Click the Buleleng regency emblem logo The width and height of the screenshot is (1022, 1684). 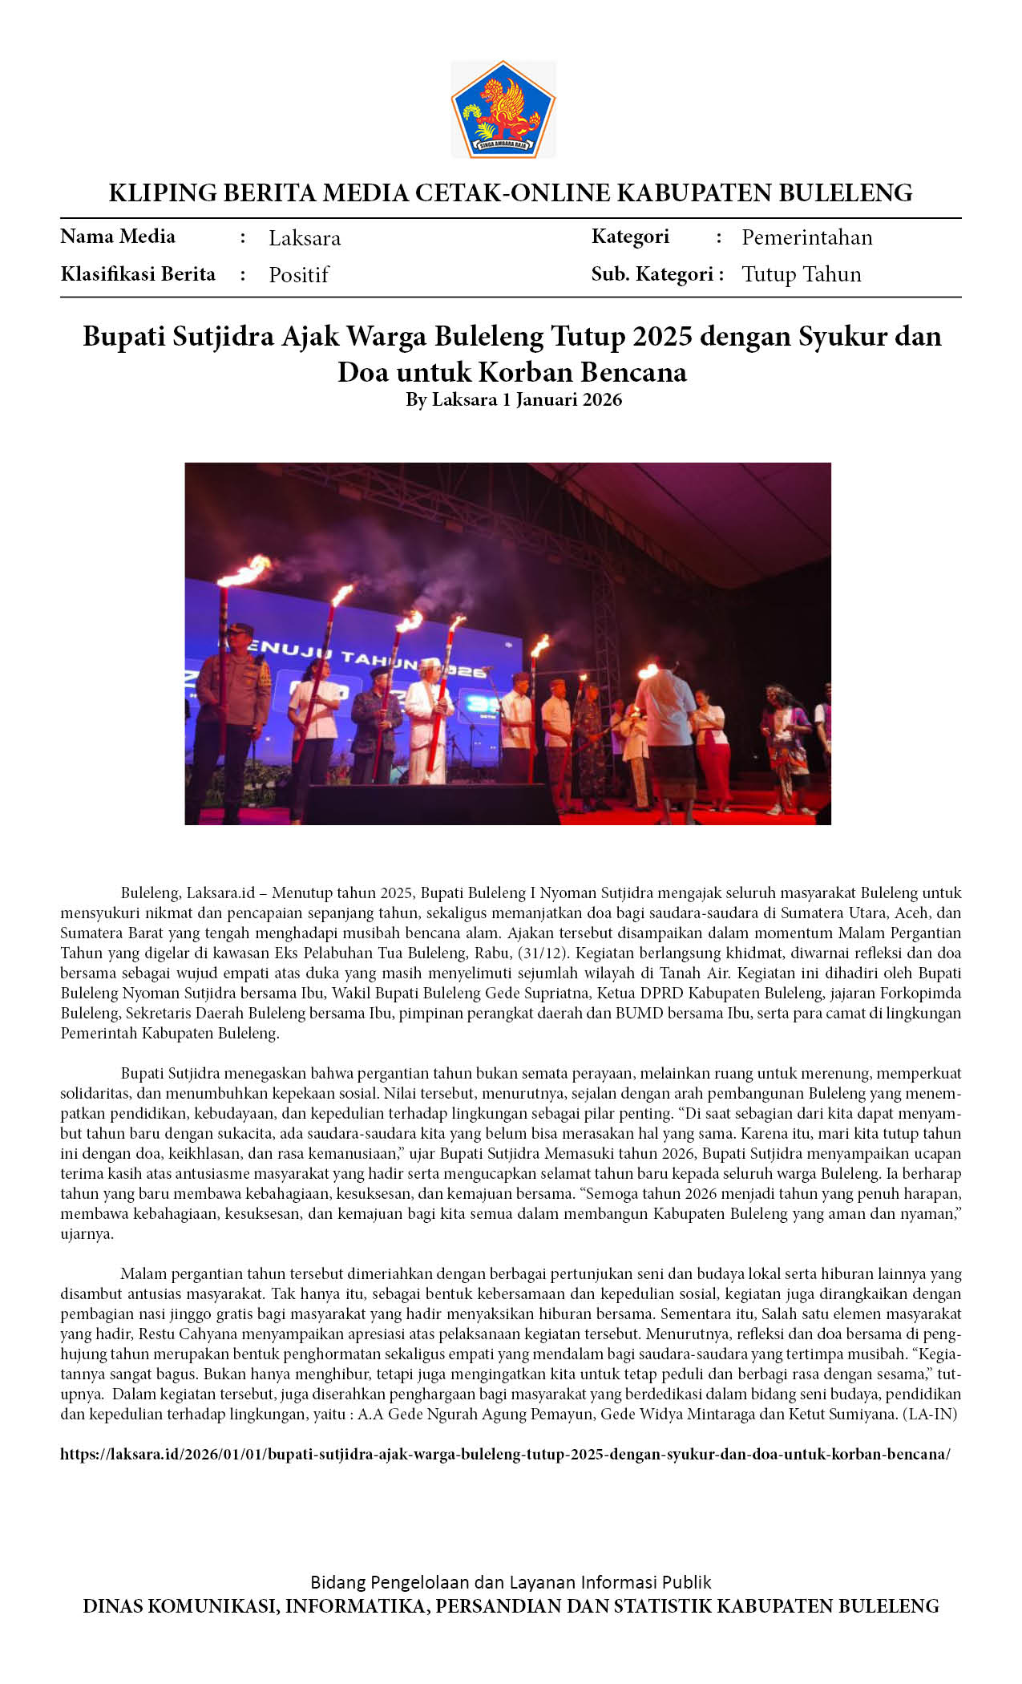[x=503, y=109]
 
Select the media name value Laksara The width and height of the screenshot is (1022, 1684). [x=305, y=238]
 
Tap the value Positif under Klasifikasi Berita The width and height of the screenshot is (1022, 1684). [x=298, y=275]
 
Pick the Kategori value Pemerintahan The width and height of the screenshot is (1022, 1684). [x=806, y=237]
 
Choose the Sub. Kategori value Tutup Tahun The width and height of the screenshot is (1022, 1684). [x=801, y=274]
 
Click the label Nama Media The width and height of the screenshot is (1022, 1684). [x=118, y=237]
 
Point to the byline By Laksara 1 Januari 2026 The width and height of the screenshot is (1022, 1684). [x=513, y=399]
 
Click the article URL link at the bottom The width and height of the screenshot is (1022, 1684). [x=505, y=1454]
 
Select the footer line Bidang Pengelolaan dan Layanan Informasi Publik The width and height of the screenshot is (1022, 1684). [x=511, y=1582]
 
